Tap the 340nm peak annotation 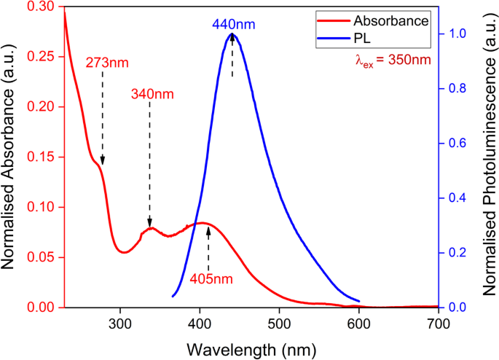click(152, 94)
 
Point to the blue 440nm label click(233, 24)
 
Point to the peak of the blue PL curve click(232, 34)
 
